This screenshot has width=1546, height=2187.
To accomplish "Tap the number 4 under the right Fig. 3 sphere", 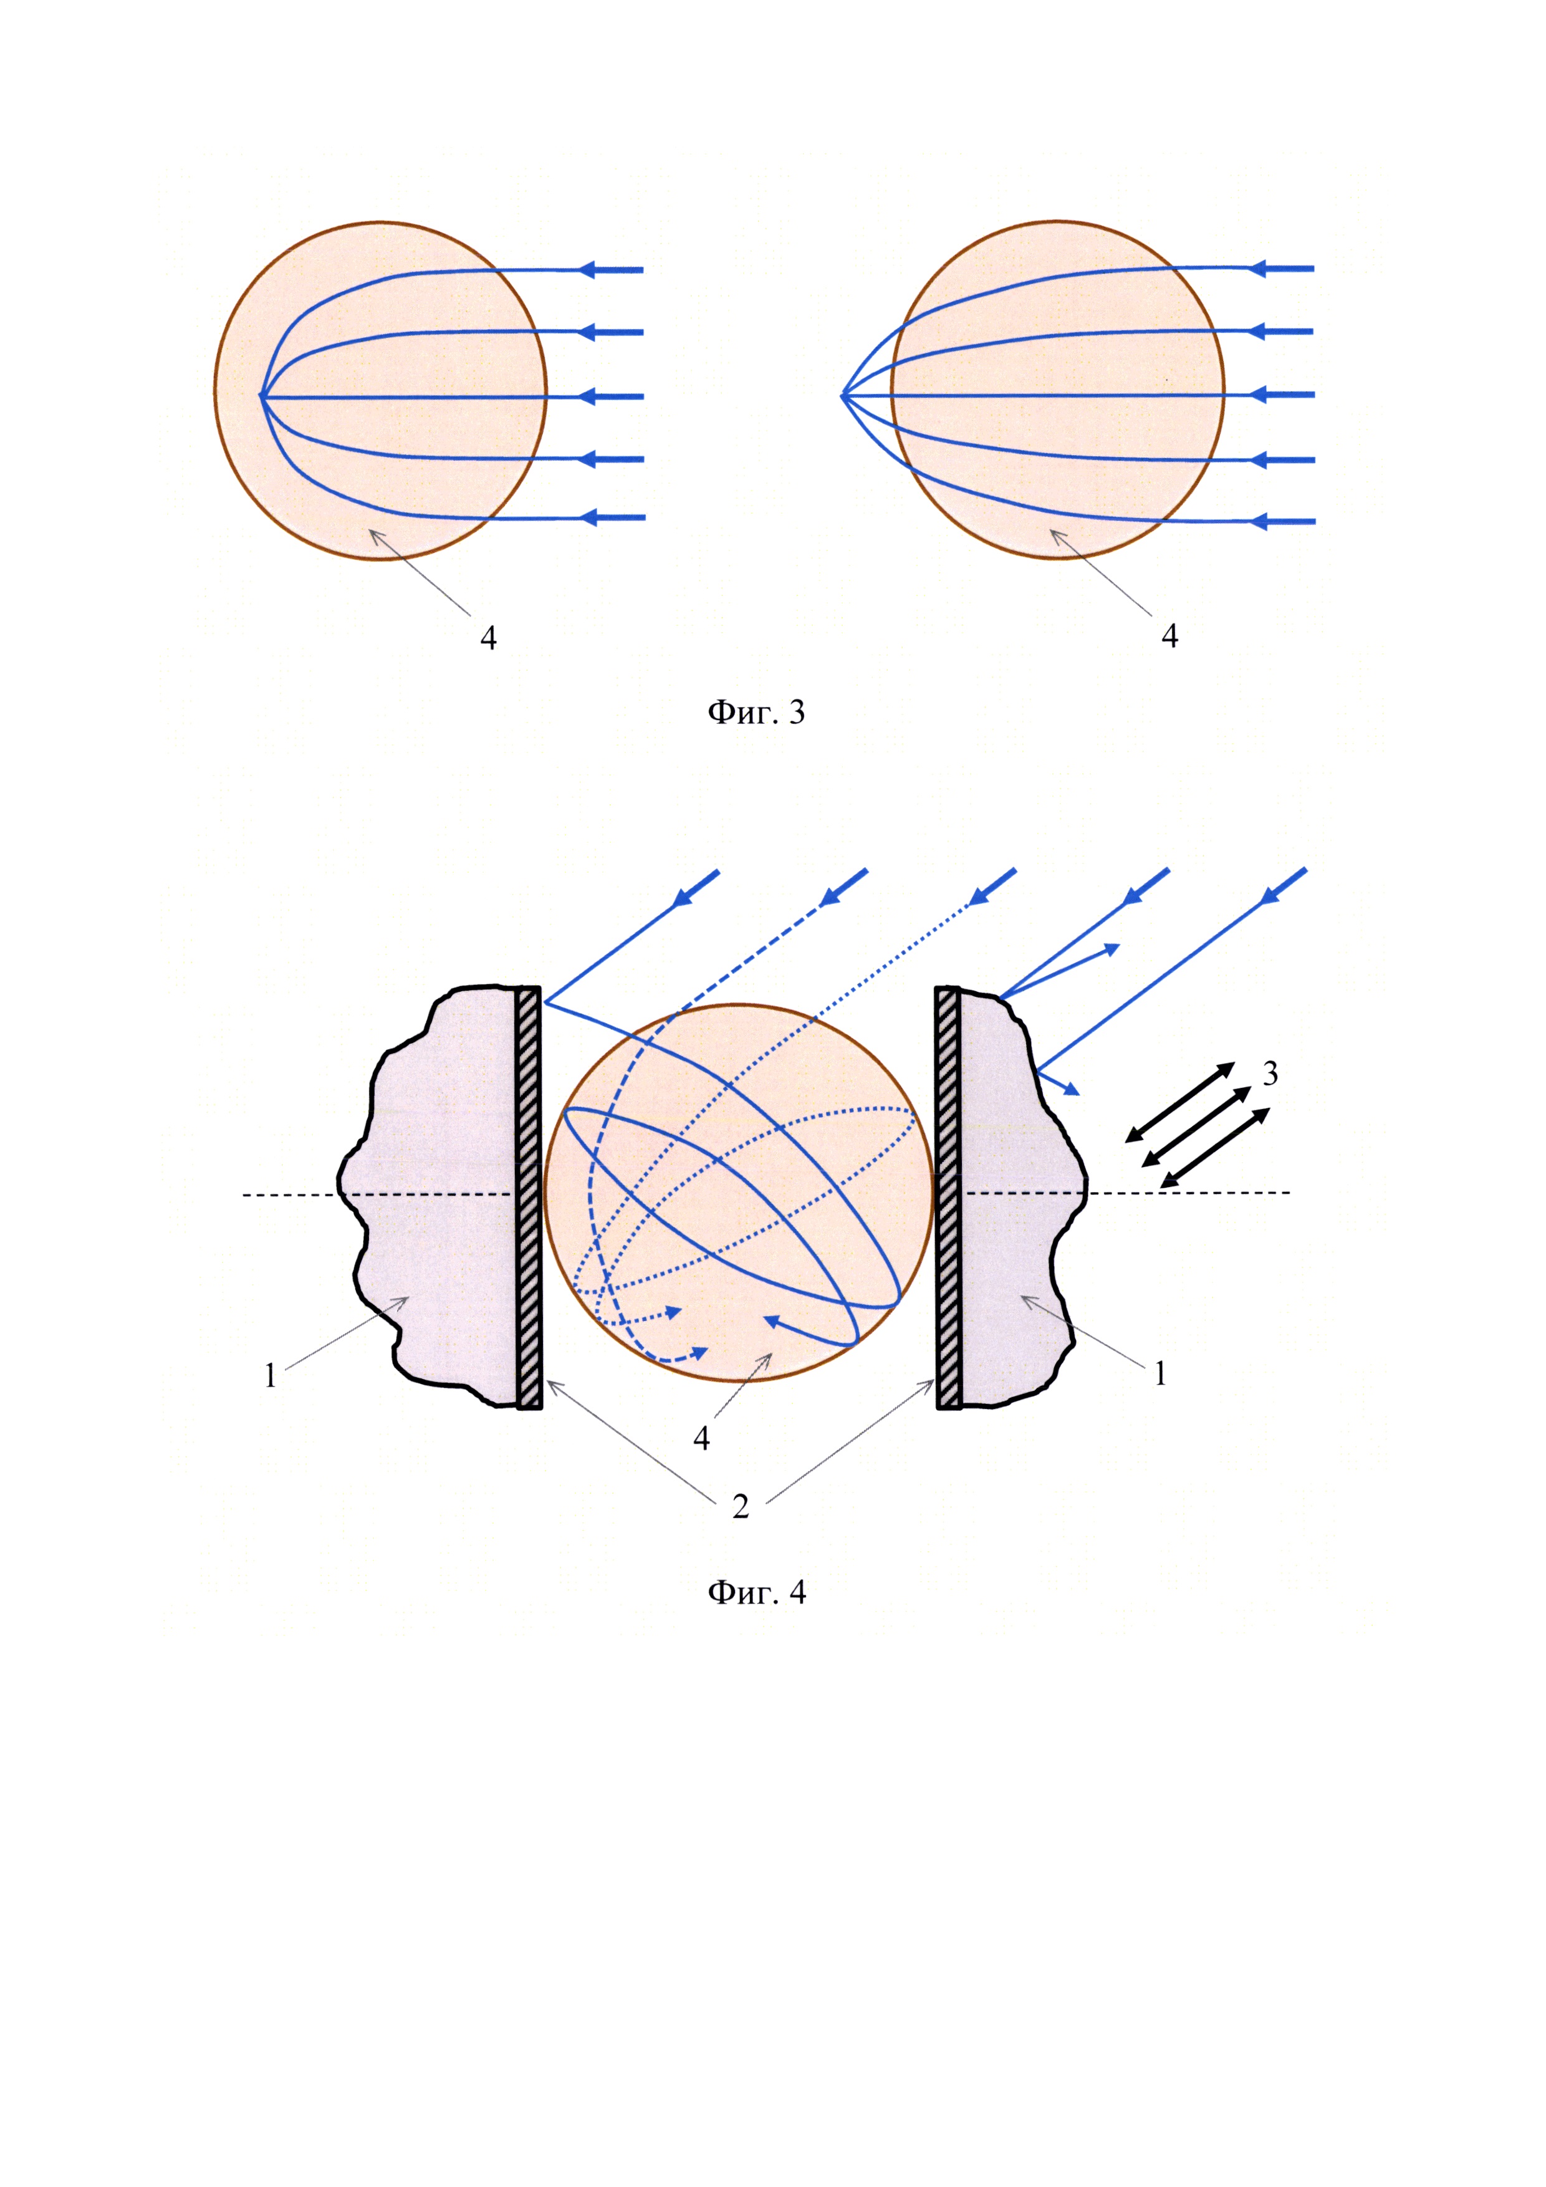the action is coord(1169,635).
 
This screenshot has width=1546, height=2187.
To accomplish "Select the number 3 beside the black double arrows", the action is coord(1270,1074).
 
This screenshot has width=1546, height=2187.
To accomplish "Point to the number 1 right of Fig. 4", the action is coord(1159,1373).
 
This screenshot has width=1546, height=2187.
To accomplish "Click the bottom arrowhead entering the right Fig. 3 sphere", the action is coord(1259,521).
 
